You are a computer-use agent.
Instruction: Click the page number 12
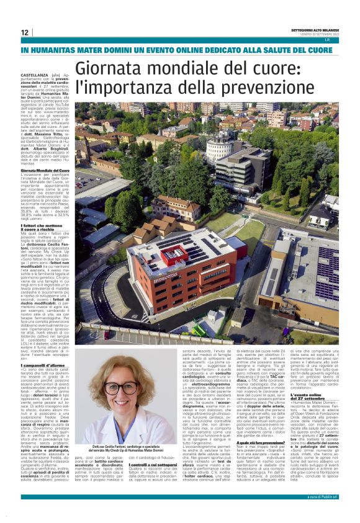(24, 32)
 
